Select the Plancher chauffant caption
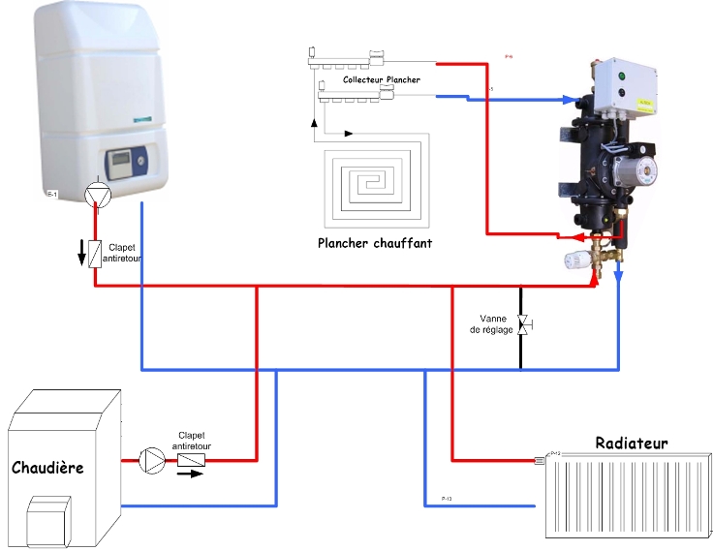click(375, 243)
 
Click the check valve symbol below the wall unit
click(95, 254)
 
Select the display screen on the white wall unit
click(120, 159)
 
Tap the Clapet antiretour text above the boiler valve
click(192, 441)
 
